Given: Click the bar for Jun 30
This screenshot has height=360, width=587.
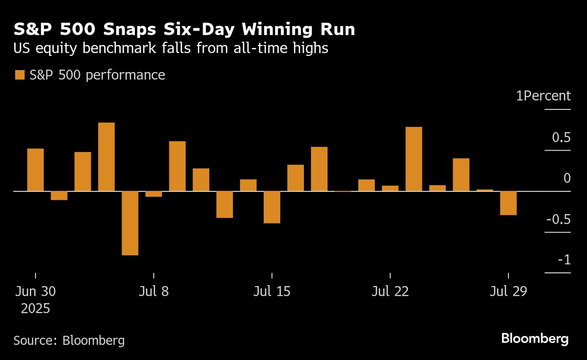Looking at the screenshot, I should [36, 170].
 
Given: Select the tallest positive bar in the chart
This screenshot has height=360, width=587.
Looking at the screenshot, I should [107, 157].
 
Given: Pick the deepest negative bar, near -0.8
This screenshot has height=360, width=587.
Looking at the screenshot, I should [130, 223].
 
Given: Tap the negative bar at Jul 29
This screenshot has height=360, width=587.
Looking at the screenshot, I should [508, 203].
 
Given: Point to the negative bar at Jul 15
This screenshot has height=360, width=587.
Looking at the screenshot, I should [272, 207].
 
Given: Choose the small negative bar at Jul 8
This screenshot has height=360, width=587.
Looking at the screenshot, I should [154, 194].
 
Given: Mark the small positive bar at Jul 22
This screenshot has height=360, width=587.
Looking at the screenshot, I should [390, 188].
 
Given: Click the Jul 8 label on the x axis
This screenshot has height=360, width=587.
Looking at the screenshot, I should [153, 291].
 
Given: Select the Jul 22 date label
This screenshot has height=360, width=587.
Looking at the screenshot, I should [390, 291].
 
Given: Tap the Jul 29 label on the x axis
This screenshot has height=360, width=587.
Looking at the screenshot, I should [508, 291].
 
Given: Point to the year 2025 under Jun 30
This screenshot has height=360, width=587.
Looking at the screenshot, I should [36, 309].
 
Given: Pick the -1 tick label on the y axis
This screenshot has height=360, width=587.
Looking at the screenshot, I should [564, 260].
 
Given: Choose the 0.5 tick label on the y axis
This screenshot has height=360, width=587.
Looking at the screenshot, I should [561, 138].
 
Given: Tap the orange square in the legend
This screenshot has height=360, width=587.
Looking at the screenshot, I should [19, 75].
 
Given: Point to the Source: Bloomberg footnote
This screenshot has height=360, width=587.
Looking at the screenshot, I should [69, 340].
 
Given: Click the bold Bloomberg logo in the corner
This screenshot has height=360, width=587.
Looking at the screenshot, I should [535, 339].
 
